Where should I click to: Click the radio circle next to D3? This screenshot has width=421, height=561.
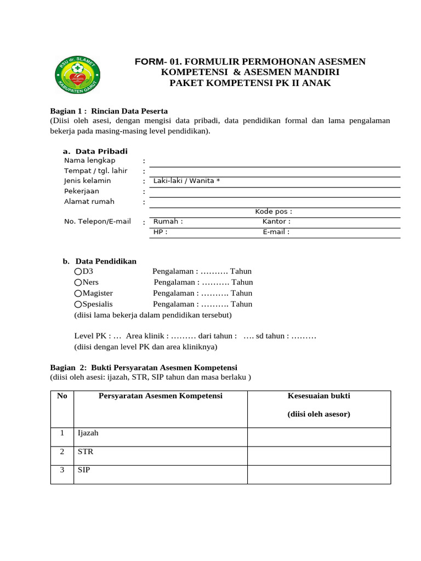(78, 271)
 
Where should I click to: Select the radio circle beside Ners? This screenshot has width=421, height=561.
(78, 282)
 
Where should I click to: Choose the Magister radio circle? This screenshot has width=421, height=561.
(78, 293)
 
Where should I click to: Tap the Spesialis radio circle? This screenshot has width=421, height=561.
(78, 304)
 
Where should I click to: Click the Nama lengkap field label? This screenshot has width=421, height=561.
(89, 161)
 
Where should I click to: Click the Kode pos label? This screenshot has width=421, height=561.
(274, 211)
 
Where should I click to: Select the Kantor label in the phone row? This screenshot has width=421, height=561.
(276, 221)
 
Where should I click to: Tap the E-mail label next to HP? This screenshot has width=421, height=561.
(276, 232)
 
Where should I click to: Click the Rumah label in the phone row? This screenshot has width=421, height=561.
(168, 221)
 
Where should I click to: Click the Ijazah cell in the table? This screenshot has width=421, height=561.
(88, 433)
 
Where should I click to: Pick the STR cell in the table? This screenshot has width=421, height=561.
(86, 452)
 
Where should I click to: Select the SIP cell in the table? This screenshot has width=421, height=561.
(84, 471)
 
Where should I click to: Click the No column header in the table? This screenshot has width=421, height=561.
(61, 396)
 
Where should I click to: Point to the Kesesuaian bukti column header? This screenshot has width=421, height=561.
(318, 396)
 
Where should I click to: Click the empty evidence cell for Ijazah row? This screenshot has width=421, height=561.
(318, 437)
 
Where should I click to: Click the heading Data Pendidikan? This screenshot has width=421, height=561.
(106, 261)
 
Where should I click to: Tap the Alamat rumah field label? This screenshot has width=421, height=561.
(89, 202)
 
